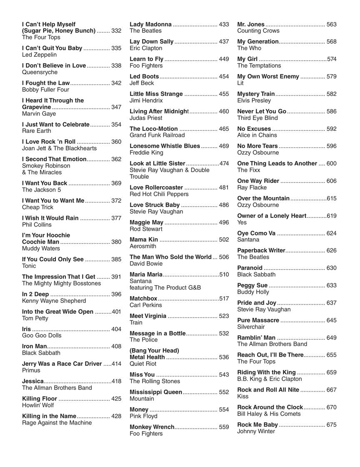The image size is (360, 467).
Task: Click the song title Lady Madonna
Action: point(150,25)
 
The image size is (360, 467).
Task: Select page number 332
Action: point(116,31)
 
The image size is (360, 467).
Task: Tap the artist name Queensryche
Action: point(40,72)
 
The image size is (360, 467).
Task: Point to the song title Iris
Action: point(26,329)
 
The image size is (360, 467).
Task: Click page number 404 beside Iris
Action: point(116,329)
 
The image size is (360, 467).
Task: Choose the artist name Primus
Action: point(31,370)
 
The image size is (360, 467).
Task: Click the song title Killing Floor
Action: point(39,399)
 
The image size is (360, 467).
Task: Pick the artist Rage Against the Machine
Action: point(57,423)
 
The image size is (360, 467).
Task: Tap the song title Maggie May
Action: point(146,222)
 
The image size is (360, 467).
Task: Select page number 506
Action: point(224,257)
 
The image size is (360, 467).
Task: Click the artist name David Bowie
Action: point(146,264)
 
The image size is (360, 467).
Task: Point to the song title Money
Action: point(139,410)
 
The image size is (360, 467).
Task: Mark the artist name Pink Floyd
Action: point(143,416)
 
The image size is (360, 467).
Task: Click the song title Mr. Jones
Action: point(251,25)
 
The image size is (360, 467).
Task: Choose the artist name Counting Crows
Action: point(258,31)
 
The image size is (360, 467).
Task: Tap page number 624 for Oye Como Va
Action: point(331,233)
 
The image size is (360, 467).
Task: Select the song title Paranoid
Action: point(250,268)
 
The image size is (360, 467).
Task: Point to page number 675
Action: point(331,425)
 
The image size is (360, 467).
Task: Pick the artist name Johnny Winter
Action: point(256,431)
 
